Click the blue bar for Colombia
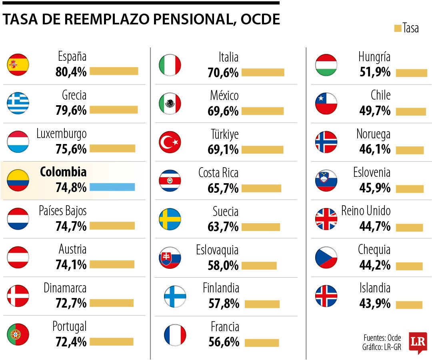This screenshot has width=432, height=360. pyautogui.click(x=112, y=187)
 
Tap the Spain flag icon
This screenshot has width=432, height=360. pyautogui.click(x=18, y=65)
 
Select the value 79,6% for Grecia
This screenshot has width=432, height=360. pyautogui.click(x=71, y=110)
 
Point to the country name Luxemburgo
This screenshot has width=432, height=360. pyautogui.click(x=62, y=134)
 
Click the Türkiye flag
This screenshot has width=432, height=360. pyautogui.click(x=170, y=142)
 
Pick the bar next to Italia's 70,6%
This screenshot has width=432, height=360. pyautogui.click(x=263, y=72)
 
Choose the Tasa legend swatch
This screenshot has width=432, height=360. pyautogui.click(x=398, y=28)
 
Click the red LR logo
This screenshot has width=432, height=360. pyautogui.click(x=418, y=342)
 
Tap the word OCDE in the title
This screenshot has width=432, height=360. pyautogui.click(x=260, y=19)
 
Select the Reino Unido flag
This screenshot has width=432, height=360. pyautogui.click(x=326, y=219)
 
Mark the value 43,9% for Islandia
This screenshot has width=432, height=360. pyautogui.click(x=375, y=303)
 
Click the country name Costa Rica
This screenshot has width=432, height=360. pyautogui.click(x=218, y=173)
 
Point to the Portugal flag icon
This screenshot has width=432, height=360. pyautogui.click(x=18, y=334)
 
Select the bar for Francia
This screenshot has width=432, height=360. pyautogui.click(x=262, y=343)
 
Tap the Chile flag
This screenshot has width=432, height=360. pyautogui.click(x=326, y=104)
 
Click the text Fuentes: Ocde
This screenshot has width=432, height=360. pyautogui.click(x=382, y=338)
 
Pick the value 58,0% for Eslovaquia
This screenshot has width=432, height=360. pyautogui.click(x=223, y=266)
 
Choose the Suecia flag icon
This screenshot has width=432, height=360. pyautogui.click(x=170, y=219)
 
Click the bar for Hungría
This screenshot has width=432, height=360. pyautogui.click(x=412, y=73)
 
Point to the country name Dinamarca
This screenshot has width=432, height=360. pyautogui.click(x=65, y=288)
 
